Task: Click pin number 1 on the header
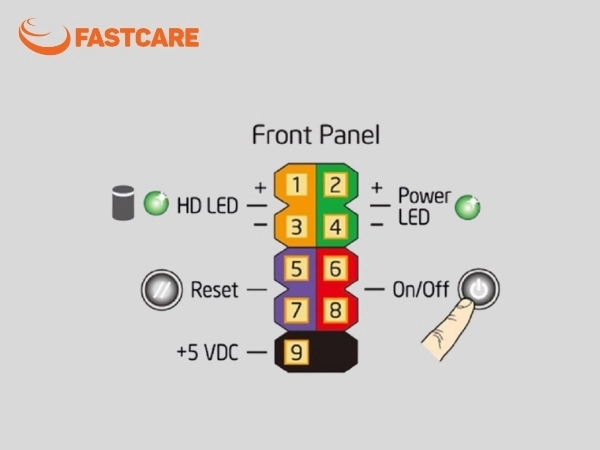pos(297,184)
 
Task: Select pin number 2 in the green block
pos(336,184)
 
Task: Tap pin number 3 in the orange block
pos(297,227)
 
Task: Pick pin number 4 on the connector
pos(336,227)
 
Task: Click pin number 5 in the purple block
pos(297,268)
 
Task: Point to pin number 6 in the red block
pos(336,268)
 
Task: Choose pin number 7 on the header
pos(297,310)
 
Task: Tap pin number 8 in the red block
pos(336,310)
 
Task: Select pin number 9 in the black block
pos(297,352)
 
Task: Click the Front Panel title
pos(316,135)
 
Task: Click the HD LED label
pos(208,205)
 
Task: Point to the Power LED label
pos(424,207)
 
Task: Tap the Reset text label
pos(214,290)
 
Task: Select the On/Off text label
pos(421,289)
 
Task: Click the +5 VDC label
pos(207,352)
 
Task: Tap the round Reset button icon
pos(161,290)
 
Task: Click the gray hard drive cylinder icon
pos(123,203)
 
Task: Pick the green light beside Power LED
pos(468,207)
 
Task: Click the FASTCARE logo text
pos(137,38)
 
